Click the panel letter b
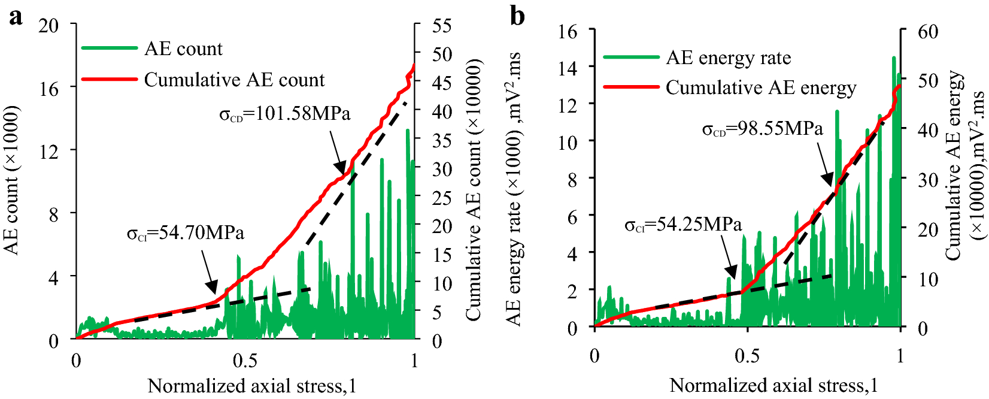[517, 16]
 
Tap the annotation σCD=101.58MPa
[285, 113]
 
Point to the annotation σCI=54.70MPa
[186, 232]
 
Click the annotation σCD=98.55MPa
[762, 128]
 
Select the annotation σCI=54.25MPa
[683, 225]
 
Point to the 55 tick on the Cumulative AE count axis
[442, 26]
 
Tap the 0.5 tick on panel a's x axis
[245, 361]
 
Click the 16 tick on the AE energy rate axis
[568, 31]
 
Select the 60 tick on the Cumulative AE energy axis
[927, 31]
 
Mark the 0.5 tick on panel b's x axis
[747, 356]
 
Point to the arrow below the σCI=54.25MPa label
[730, 258]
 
